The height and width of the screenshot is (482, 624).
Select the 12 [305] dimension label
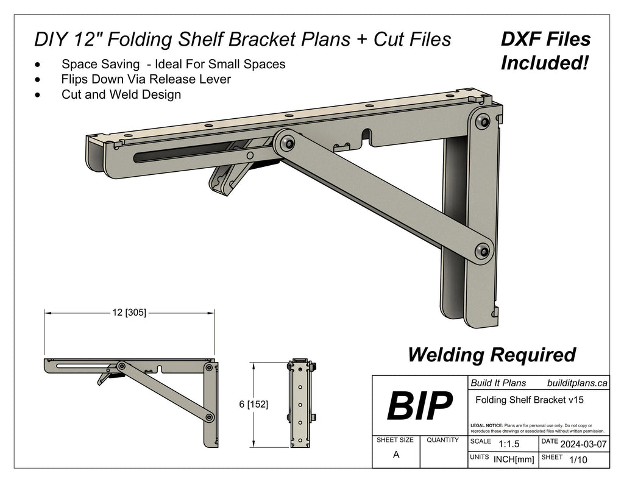point(129,313)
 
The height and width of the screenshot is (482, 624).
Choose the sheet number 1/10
point(577,460)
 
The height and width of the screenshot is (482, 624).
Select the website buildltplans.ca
point(577,383)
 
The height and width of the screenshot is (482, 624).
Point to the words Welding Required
point(491,354)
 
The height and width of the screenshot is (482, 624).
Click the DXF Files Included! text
point(545,51)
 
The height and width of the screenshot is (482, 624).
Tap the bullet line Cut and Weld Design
point(121,94)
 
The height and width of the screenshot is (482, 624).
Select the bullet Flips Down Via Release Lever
point(146,79)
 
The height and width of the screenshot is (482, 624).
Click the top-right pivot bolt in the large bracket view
point(484,121)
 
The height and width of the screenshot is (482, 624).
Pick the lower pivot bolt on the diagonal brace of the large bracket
point(483,250)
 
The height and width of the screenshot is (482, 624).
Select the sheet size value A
point(396,455)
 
